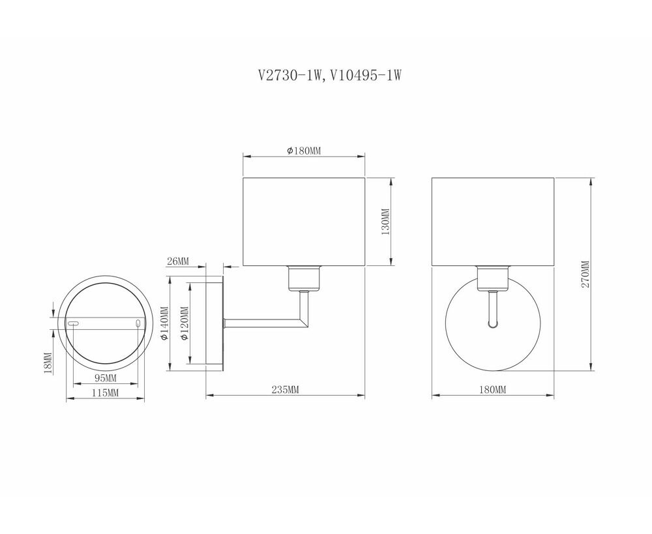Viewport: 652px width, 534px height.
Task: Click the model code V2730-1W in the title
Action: pyautogui.click(x=290, y=75)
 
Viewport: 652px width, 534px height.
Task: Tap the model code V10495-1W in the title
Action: pyautogui.click(x=366, y=75)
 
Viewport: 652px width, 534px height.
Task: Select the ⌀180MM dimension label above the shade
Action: pyautogui.click(x=304, y=151)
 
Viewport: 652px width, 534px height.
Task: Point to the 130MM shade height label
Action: pyautogui.click(x=385, y=222)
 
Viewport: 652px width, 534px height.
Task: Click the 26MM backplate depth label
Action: pyautogui.click(x=177, y=261)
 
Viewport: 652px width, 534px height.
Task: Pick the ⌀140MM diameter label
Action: pyautogui.click(x=164, y=323)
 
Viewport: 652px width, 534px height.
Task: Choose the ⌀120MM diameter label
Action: pyautogui.click(x=185, y=323)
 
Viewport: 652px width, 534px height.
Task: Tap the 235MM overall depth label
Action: pyautogui.click(x=286, y=389)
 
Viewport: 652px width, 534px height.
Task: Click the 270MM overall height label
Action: pyautogui.click(x=585, y=274)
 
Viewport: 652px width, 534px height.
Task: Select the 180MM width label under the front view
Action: pyautogui.click(x=493, y=389)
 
